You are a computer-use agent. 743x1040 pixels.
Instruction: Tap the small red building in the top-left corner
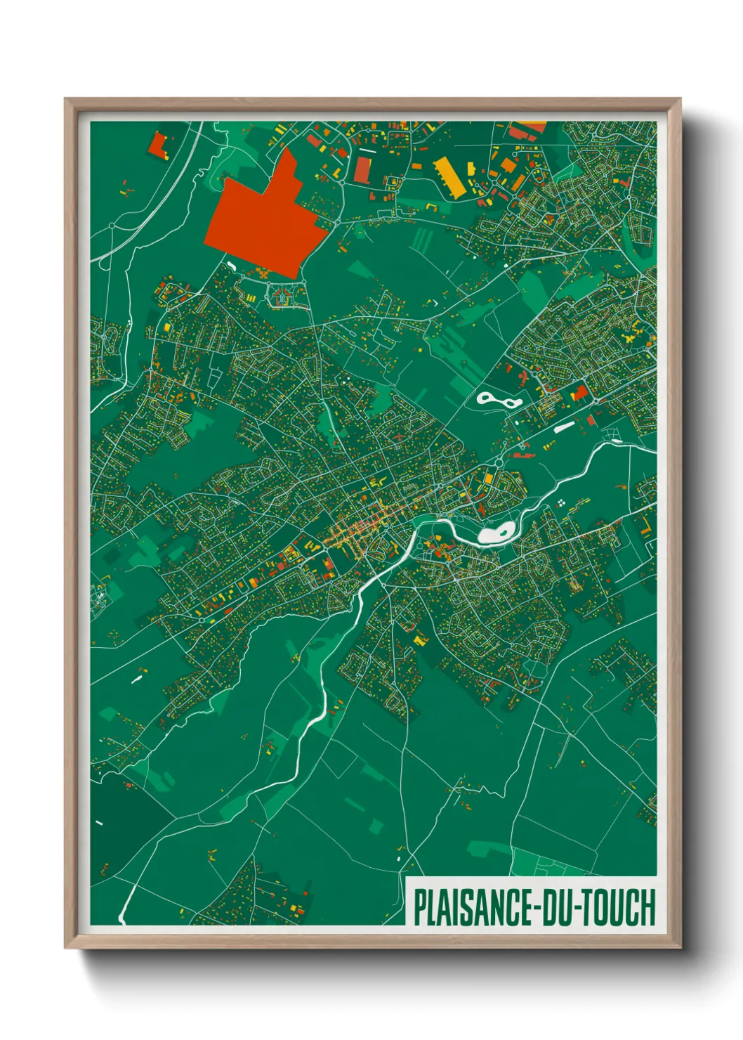click(157, 145)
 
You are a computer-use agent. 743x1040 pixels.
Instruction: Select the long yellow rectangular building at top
click(449, 174)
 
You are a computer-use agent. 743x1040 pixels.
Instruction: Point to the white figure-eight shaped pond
click(499, 401)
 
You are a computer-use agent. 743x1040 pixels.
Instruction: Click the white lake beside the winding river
click(497, 535)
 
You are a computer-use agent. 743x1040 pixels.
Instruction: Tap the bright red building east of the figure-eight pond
click(580, 392)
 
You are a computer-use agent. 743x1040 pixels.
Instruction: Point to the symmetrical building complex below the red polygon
click(281, 296)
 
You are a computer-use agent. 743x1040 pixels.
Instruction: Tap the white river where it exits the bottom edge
click(122, 919)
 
